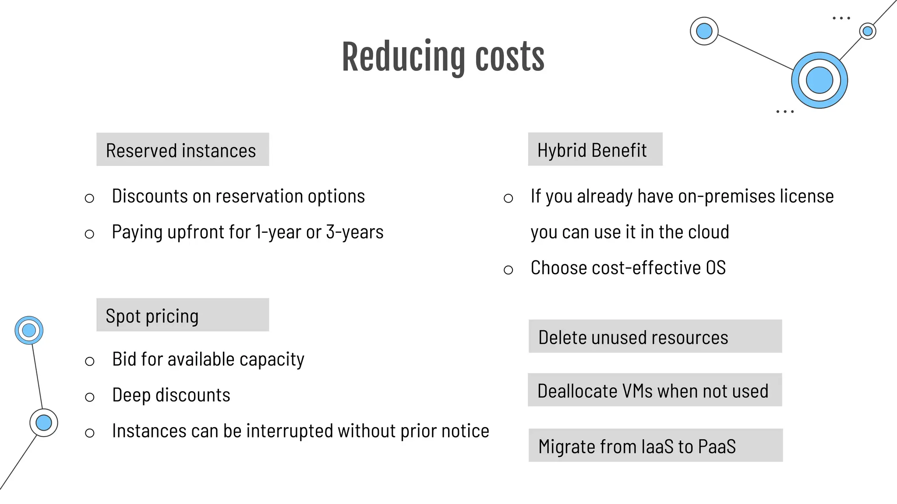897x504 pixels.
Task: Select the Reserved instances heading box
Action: (x=183, y=150)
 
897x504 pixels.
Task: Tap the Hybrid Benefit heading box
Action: (x=595, y=150)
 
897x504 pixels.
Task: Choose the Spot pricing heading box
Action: (x=183, y=315)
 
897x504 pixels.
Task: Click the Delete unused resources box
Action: (x=655, y=336)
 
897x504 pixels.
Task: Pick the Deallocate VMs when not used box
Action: (x=655, y=390)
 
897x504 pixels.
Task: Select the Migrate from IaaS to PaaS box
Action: (x=655, y=445)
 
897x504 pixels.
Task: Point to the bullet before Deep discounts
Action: (x=90, y=397)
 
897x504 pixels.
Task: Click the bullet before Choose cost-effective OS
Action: (x=508, y=270)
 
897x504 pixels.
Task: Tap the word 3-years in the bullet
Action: (x=355, y=232)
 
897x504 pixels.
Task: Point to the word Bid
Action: (x=124, y=359)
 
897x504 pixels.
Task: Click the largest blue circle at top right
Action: (x=819, y=80)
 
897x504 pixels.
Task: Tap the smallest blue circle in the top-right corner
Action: (x=867, y=31)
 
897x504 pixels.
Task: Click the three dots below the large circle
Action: (x=784, y=112)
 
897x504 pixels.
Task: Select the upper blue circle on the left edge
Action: (x=29, y=330)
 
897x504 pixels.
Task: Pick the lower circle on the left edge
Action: (x=44, y=423)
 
